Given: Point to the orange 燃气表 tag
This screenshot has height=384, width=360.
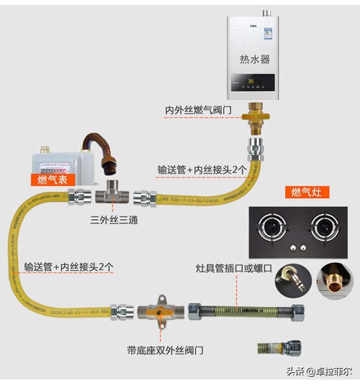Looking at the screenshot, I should click(x=53, y=179).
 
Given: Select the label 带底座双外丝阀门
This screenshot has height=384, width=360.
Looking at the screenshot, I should click(x=165, y=350).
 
